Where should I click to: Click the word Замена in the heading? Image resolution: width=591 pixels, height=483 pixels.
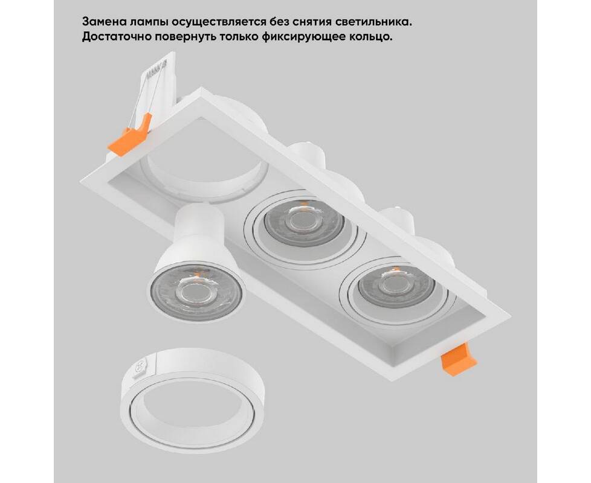(104, 22)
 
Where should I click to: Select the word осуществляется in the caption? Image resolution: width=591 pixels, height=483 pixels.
(219, 22)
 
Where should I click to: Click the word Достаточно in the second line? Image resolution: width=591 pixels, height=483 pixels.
(115, 37)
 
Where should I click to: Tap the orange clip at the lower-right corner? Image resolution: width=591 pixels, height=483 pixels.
(458, 359)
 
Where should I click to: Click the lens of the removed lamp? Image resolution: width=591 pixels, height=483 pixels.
(196, 290)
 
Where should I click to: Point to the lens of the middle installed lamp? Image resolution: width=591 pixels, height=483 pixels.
(304, 223)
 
